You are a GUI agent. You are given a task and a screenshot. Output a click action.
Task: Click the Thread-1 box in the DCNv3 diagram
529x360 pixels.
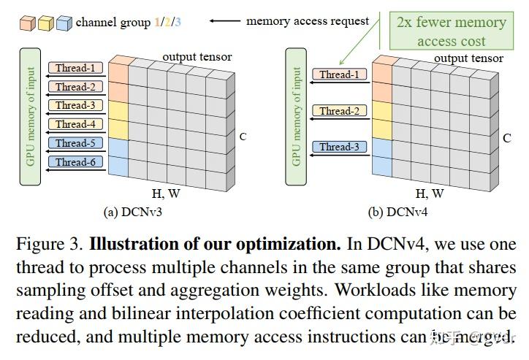point(76,68)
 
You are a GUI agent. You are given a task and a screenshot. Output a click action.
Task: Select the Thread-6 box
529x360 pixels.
point(76,162)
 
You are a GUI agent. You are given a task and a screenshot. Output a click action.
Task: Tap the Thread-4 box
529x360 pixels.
point(76,124)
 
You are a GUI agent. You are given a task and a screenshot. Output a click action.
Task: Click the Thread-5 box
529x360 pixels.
point(76,143)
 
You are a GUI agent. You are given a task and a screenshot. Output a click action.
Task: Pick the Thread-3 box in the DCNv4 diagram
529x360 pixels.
point(339,147)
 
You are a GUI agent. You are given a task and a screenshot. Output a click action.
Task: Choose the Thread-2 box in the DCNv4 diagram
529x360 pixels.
point(339,111)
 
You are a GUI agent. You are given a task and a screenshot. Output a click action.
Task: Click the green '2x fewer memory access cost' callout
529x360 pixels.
point(451,31)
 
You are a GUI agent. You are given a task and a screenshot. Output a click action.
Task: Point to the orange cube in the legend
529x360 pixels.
point(27,23)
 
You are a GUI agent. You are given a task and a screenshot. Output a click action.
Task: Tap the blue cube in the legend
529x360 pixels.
point(64,23)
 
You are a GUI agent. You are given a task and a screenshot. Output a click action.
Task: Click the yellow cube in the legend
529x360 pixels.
point(45,23)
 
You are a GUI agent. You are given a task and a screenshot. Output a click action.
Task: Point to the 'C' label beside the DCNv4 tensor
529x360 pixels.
point(506,137)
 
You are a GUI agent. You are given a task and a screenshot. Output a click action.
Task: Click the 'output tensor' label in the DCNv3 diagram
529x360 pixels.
point(197,56)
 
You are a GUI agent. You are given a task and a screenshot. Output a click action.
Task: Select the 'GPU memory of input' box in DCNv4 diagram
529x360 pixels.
point(297,116)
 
